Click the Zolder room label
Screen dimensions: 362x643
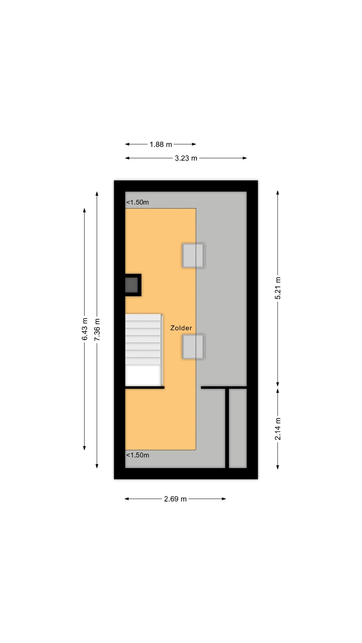pyautogui.click(x=181, y=328)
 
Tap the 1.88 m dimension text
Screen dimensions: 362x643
pyautogui.click(x=161, y=144)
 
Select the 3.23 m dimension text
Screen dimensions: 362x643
pyautogui.click(x=186, y=158)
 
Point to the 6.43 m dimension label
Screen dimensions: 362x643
pyautogui.click(x=85, y=329)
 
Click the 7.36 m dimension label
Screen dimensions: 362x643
pyautogui.click(x=97, y=330)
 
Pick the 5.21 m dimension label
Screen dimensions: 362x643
pyautogui.click(x=278, y=288)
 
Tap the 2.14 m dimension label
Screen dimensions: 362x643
pyautogui.click(x=278, y=429)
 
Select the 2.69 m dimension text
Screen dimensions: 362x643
pyautogui.click(x=175, y=499)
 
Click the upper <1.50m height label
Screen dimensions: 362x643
pyautogui.click(x=138, y=202)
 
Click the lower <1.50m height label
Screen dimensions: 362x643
pyautogui.click(x=138, y=455)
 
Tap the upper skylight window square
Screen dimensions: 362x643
pyautogui.click(x=193, y=255)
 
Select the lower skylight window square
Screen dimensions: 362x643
pyautogui.click(x=193, y=347)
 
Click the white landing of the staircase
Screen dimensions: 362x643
pyautogui.click(x=143, y=375)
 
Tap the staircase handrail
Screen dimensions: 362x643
pyautogui.click(x=162, y=350)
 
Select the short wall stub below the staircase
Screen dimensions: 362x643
pyautogui.click(x=145, y=388)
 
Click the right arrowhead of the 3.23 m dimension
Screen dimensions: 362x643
pyautogui.click(x=245, y=158)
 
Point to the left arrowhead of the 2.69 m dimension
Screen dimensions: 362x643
pyautogui.click(x=127, y=499)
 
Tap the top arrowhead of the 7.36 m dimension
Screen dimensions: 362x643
pyautogui.click(x=97, y=194)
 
